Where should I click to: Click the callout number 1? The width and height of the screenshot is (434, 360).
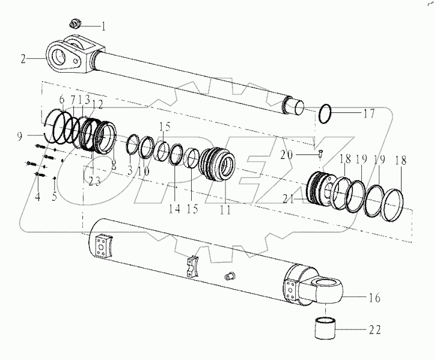pyautogui.click(x=103, y=26)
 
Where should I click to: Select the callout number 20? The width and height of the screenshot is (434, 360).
pyautogui.click(x=303, y=154)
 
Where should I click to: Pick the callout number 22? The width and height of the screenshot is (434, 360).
pyautogui.click(x=374, y=330)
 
